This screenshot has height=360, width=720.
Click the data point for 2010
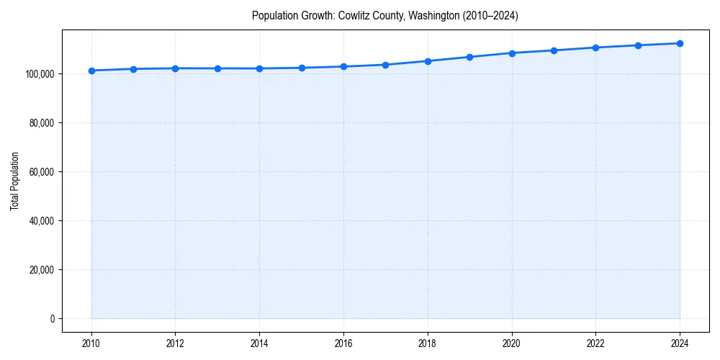click(x=91, y=71)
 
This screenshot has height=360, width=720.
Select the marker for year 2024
click(x=680, y=43)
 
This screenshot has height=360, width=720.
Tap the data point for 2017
click(x=386, y=65)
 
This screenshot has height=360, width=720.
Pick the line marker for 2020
click(x=512, y=53)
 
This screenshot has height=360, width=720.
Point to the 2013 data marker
click(x=217, y=68)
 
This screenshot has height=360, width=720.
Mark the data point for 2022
click(x=595, y=48)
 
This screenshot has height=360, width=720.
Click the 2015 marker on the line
click(x=302, y=68)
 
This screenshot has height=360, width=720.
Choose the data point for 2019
click(x=469, y=57)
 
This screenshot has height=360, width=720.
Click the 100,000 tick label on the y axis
click(x=40, y=74)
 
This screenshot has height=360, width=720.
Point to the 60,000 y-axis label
click(x=42, y=172)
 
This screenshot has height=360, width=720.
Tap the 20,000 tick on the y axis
click(x=42, y=270)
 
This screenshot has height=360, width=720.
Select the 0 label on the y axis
click(x=52, y=319)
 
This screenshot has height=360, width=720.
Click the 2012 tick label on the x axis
click(x=176, y=343)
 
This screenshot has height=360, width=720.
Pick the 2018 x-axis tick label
click(x=428, y=343)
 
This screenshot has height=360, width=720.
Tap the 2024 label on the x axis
click(x=680, y=343)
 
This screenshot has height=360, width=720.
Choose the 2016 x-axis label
click(x=343, y=343)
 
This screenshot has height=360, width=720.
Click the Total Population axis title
click(x=14, y=181)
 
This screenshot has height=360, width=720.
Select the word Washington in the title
click(x=433, y=15)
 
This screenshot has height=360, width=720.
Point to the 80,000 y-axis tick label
click(x=42, y=123)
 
